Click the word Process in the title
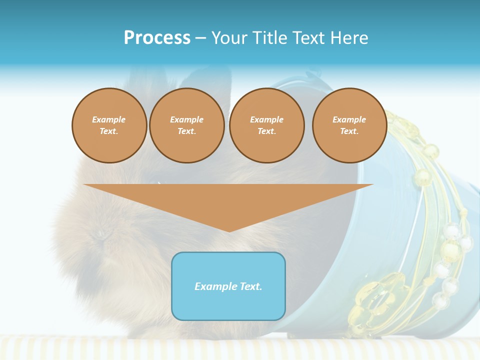157,38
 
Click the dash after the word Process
200,38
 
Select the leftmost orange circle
109,125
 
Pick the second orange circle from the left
186,125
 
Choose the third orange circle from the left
266,125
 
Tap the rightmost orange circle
349,125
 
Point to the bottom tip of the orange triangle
228,231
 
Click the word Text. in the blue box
249,286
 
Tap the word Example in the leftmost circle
109,119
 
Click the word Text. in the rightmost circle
349,131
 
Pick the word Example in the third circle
266,119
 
